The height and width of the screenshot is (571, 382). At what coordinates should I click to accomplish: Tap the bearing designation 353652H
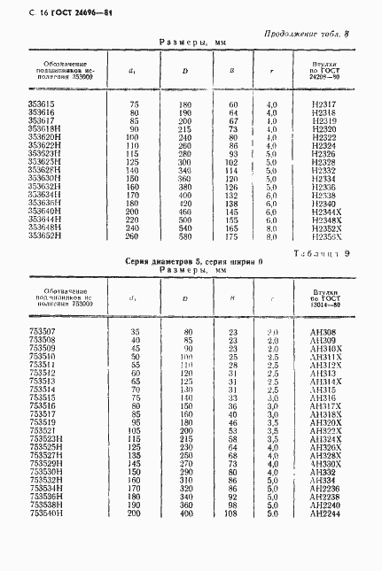click(x=44, y=236)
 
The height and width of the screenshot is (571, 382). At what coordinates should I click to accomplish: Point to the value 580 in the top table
click(x=186, y=236)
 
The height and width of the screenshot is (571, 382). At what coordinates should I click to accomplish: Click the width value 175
click(x=233, y=236)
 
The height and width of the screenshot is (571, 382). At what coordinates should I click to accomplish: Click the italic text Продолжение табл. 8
click(x=307, y=34)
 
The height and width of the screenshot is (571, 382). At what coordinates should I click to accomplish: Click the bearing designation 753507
click(x=42, y=332)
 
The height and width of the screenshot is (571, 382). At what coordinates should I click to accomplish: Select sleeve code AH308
click(x=325, y=332)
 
